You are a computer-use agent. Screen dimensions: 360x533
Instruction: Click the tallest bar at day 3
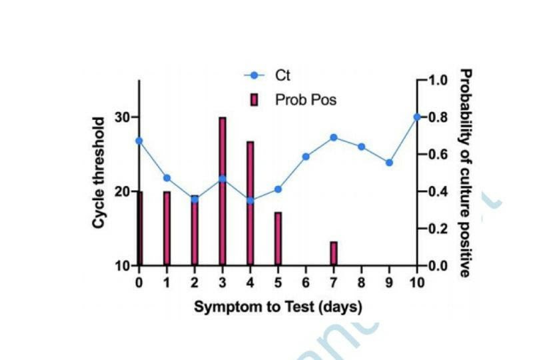223,191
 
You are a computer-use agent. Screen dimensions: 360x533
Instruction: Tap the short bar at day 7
333,254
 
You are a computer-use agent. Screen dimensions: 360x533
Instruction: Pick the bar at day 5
278,239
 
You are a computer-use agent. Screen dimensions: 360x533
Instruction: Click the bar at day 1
167,228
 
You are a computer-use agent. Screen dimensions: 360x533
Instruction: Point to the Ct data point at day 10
417,117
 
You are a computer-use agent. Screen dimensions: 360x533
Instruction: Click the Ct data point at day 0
139,141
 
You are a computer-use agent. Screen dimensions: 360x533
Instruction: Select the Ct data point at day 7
334,137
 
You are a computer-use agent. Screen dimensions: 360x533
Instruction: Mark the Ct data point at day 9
389,163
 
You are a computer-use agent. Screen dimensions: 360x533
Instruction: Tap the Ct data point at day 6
306,157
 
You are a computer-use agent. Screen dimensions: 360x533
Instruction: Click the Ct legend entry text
283,75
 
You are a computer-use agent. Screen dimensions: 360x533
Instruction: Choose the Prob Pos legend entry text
306,101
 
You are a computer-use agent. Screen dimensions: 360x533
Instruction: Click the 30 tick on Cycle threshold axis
121,117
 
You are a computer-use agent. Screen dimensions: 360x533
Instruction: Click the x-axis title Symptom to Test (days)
278,307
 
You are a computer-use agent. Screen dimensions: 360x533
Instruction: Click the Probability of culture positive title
466,172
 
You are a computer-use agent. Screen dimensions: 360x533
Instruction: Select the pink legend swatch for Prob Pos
254,101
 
